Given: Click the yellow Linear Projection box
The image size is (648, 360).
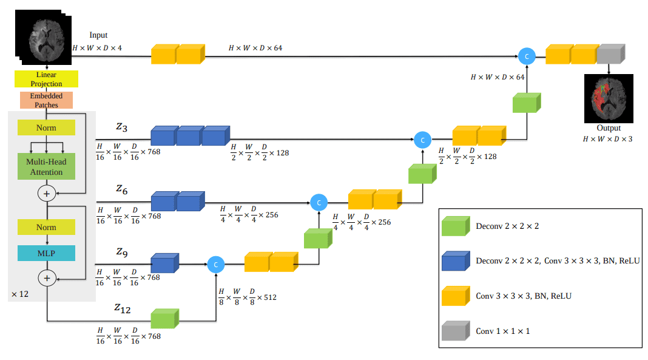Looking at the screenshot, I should tap(46, 79).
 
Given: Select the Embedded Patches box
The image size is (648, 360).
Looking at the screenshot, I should tap(46, 100).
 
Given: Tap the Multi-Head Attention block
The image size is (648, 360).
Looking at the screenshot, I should tap(46, 167).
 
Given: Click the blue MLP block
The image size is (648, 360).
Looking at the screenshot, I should tap(46, 253).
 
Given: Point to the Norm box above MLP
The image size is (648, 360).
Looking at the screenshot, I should tap(46, 227).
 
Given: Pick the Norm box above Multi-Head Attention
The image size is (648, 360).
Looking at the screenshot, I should tap(46, 127).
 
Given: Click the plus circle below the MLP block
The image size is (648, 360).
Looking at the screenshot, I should tap(47, 278).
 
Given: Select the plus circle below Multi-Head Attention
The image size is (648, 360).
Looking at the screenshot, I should tap(47, 193).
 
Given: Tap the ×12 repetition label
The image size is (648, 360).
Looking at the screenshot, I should tap(20, 294).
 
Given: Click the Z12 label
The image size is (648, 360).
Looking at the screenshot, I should tap(123, 309).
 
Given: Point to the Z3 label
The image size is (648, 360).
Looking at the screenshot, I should tap(121, 127).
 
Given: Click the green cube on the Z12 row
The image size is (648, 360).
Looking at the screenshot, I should tap(165, 319).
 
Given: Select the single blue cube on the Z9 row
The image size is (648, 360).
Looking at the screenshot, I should tap(165, 263).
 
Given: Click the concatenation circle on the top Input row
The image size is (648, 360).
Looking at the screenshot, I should tap(527, 56).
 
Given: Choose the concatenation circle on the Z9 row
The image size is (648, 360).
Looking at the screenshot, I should tap(215, 265).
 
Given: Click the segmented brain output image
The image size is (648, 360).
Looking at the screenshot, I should tap(608, 98).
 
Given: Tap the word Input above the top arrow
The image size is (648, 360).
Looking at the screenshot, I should tap(98, 36).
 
